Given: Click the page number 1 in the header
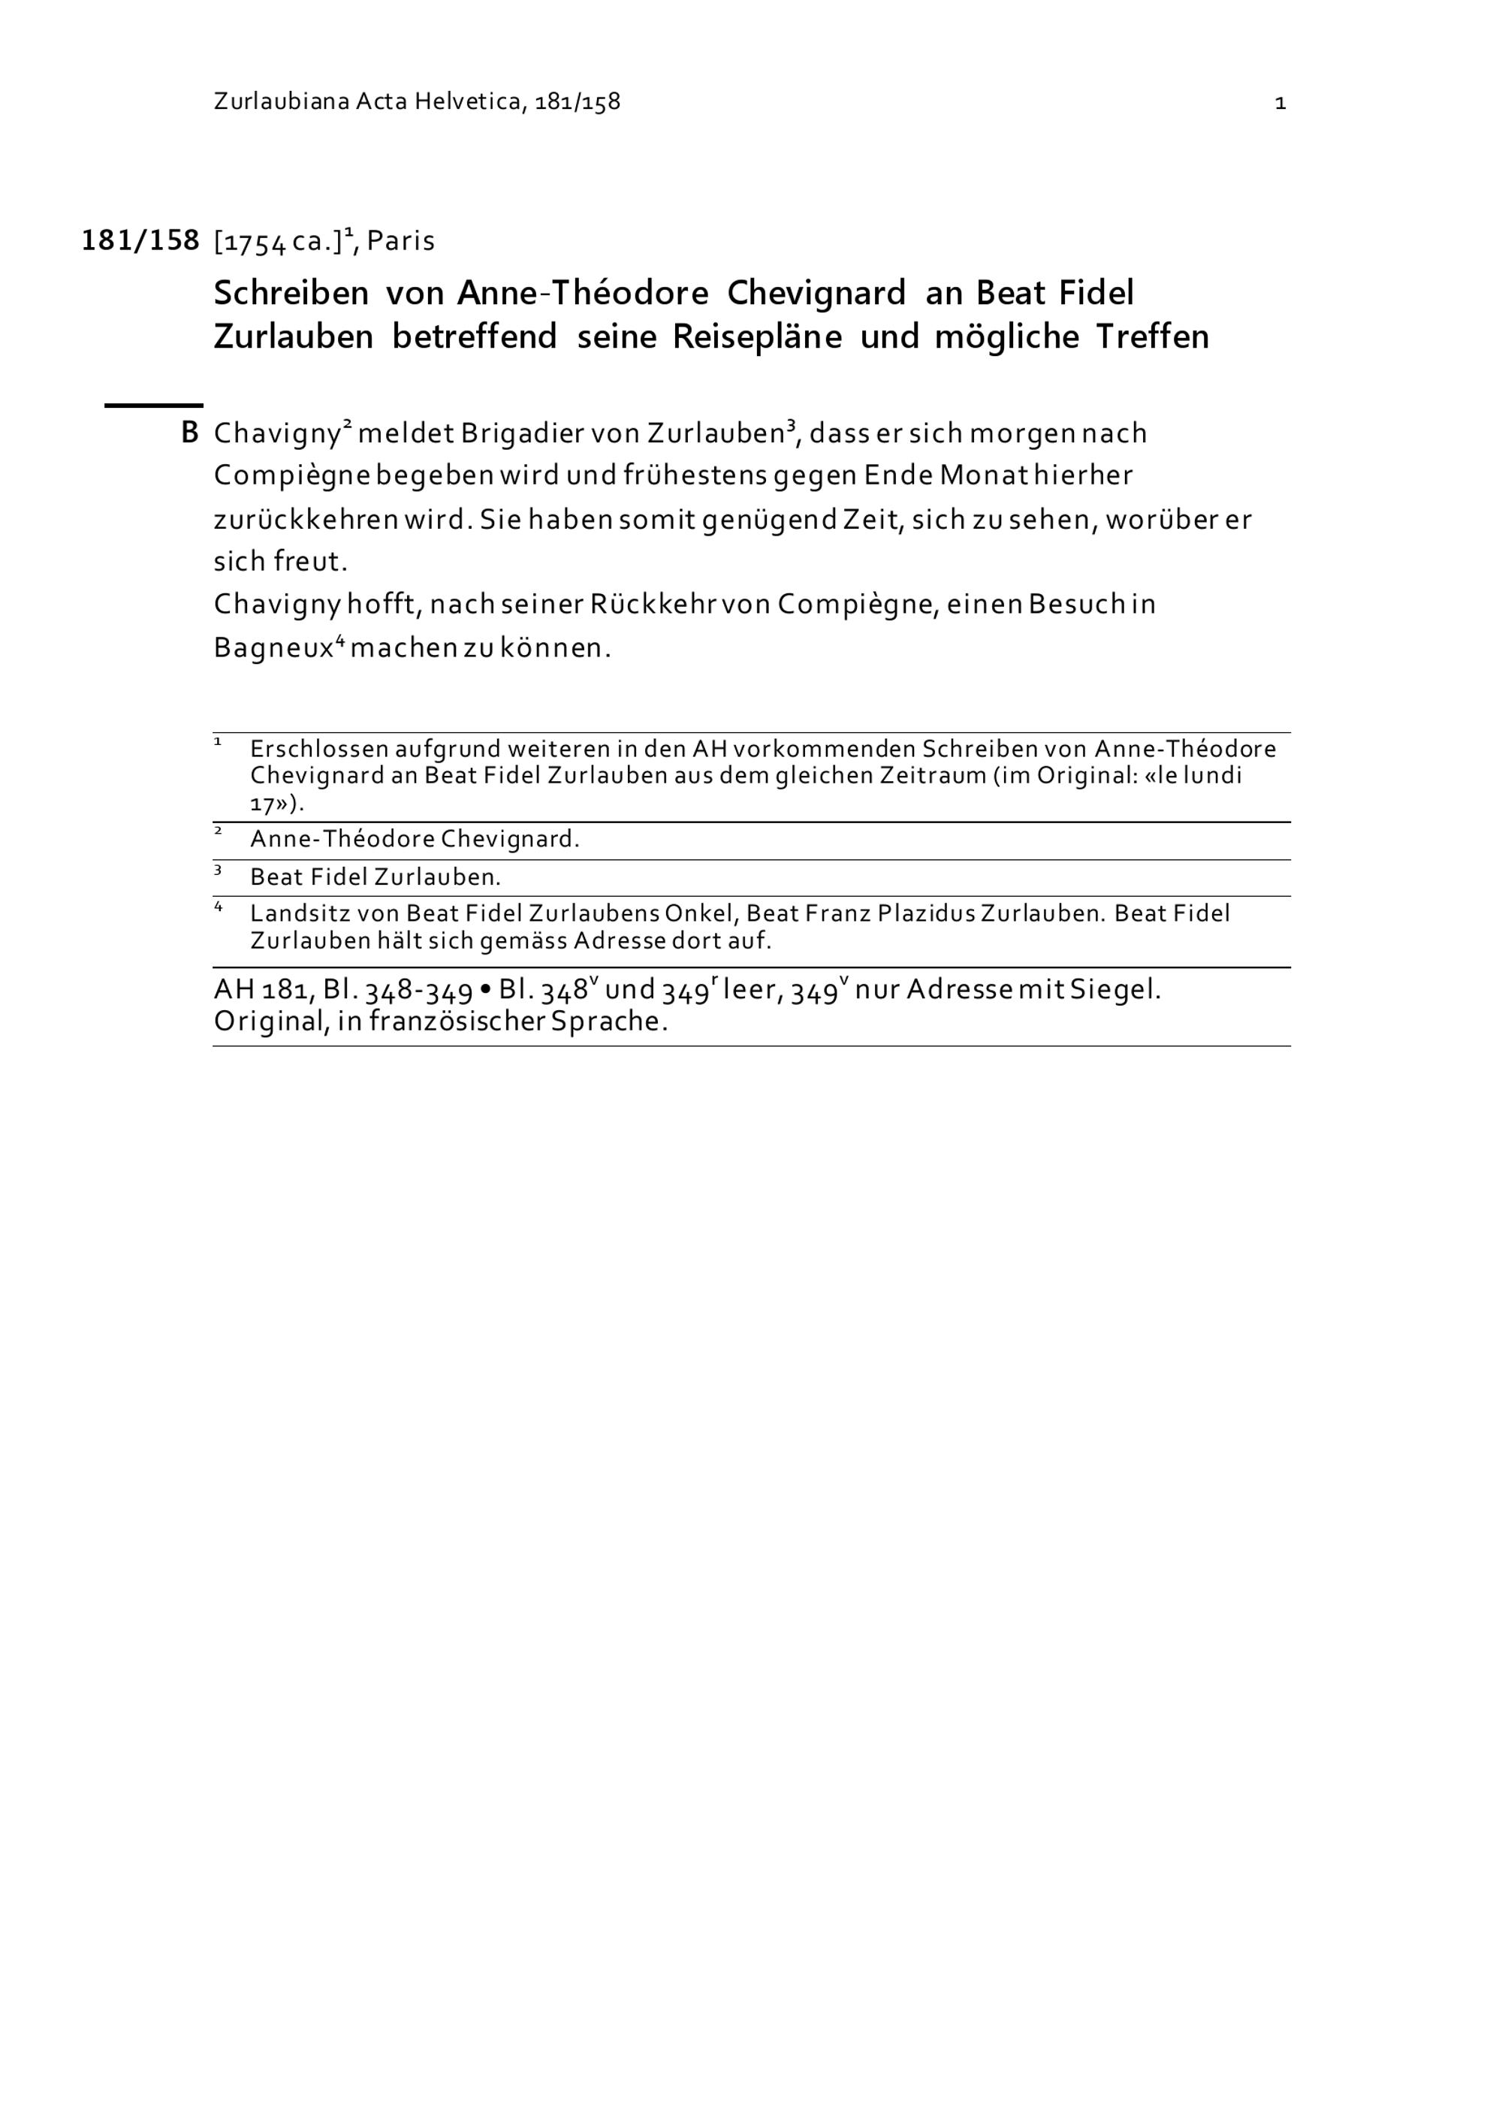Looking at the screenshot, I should (x=1280, y=103).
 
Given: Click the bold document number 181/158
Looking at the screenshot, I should (x=140, y=240).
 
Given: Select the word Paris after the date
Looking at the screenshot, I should (x=400, y=240).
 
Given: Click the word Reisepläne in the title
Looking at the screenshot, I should (x=756, y=336).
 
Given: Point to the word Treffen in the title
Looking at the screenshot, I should (x=1152, y=336).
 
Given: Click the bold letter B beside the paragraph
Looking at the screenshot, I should (x=189, y=433).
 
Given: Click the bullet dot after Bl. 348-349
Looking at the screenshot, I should (x=486, y=991).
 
